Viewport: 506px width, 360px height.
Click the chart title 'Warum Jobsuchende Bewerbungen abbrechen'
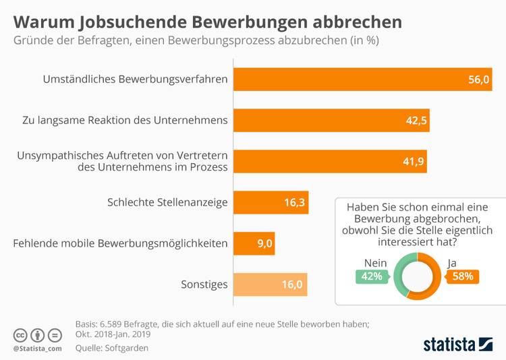[208, 22]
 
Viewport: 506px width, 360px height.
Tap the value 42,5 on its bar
[413, 121]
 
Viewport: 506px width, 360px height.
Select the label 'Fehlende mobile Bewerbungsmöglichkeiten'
[120, 243]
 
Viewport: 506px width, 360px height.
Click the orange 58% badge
[462, 276]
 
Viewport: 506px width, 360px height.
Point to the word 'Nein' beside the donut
[375, 262]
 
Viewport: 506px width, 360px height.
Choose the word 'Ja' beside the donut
[453, 262]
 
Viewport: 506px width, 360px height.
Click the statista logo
[457, 344]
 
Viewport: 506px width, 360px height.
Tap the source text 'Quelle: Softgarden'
[111, 348]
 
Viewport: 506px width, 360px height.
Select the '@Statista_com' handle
[37, 348]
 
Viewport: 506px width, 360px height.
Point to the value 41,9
[410, 162]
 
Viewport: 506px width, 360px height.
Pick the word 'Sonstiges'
[204, 284]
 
